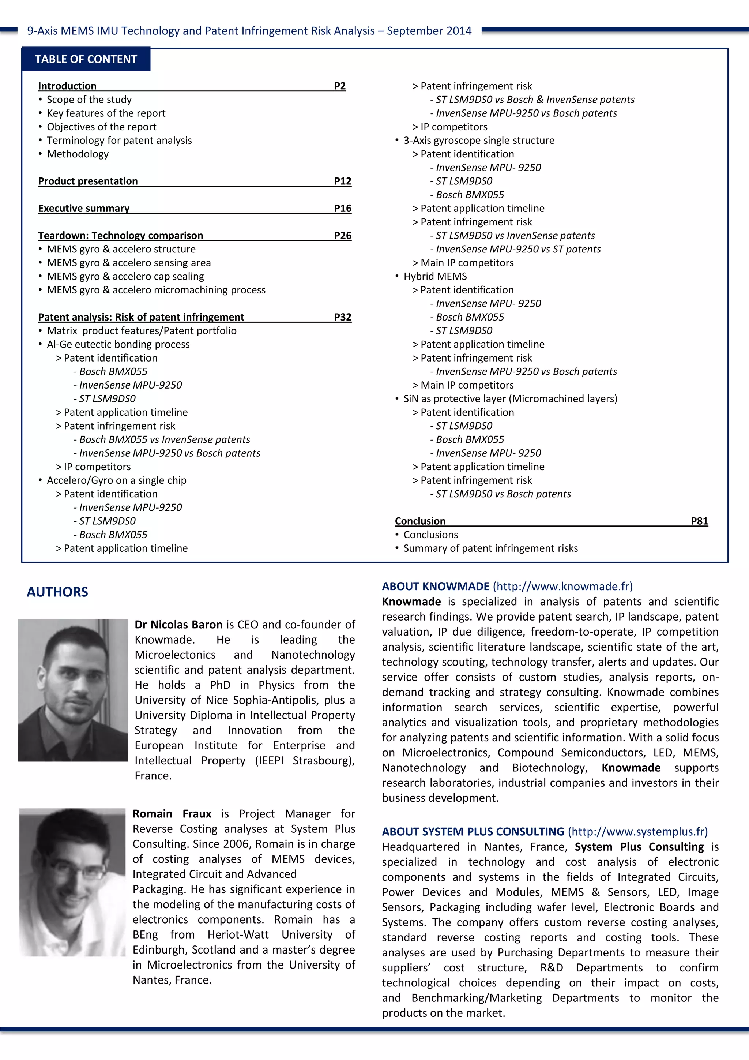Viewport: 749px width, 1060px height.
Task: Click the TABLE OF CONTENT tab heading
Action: tap(86, 59)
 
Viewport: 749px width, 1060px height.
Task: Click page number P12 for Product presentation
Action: tap(342, 181)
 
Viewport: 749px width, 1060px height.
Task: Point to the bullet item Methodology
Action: tap(78, 154)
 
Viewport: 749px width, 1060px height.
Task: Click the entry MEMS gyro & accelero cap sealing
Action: tap(125, 276)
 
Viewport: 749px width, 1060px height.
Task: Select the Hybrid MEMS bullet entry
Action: tap(435, 276)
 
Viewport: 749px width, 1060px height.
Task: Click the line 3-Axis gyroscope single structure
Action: tap(479, 141)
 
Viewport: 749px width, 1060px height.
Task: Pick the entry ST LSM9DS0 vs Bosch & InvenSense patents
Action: tap(535, 100)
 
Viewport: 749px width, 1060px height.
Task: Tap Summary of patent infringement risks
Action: tap(490, 548)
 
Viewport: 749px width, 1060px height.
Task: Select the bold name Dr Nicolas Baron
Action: tap(178, 625)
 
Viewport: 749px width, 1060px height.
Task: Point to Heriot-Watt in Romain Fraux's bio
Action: tap(238, 935)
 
